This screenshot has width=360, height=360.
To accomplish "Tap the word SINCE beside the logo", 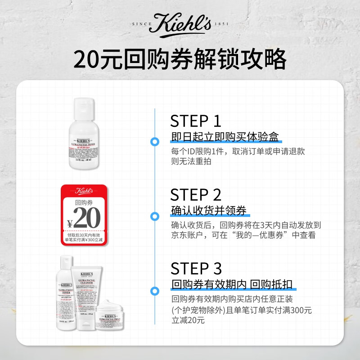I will coord(140,24).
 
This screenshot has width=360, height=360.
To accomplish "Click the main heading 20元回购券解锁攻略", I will coord(180,58).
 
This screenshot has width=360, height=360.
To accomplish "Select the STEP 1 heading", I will coord(196,121).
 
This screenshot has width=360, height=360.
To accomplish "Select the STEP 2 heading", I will coord(196,195).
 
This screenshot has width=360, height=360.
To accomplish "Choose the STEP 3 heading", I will coord(196,269).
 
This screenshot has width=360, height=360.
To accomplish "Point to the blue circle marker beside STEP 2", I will coord(155,216).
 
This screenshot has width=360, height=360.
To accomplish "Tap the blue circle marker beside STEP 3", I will coord(155,290).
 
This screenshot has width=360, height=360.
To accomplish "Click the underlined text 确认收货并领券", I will coord(209,211).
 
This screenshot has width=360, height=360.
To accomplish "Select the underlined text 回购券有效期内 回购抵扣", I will coord(232,284).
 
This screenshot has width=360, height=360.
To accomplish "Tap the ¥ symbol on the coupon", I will coord(70,223).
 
